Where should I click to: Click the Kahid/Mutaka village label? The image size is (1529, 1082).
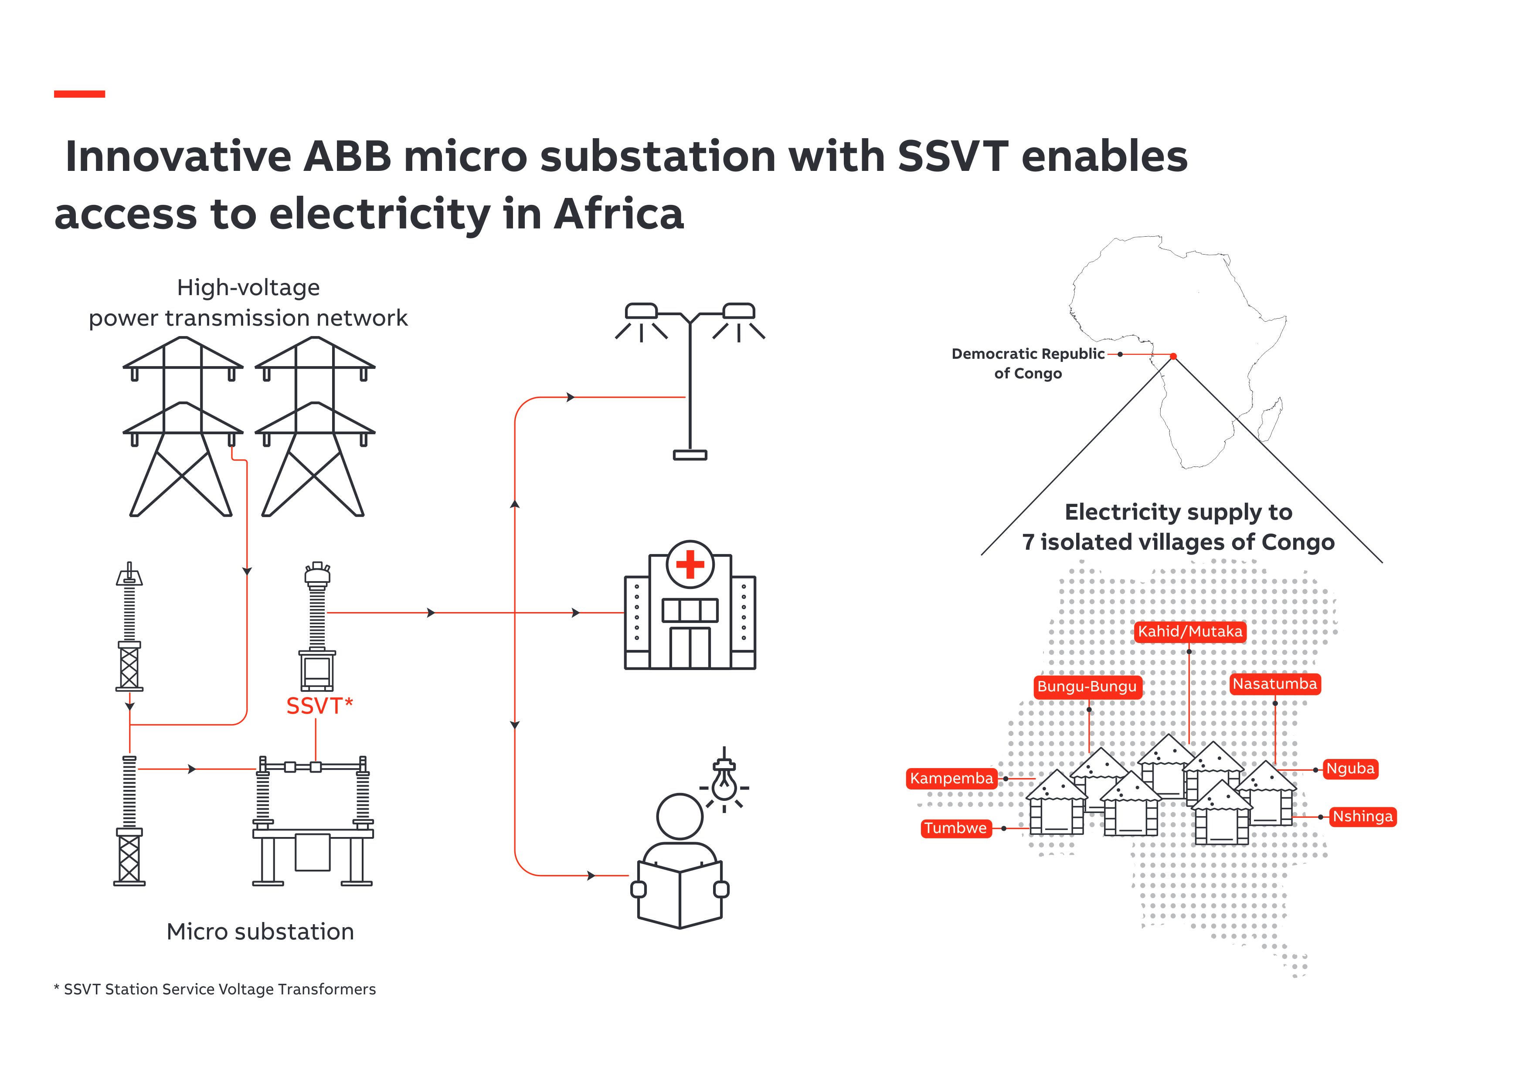click(1189, 632)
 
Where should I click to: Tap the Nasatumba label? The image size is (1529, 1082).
click(1274, 684)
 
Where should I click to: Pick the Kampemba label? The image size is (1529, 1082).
click(951, 778)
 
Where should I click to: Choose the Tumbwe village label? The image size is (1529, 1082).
click(955, 828)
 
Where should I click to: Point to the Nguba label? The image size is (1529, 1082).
click(1350, 769)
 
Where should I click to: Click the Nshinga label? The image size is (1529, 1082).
click(1363, 817)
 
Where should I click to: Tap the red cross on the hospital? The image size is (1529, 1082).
click(690, 564)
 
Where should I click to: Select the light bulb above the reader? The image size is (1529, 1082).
click(724, 782)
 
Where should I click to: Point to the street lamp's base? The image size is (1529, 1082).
click(690, 456)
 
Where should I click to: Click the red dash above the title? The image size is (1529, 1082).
click(79, 94)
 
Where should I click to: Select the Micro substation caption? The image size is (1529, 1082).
click(260, 932)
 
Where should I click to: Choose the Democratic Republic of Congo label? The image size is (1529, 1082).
click(1028, 363)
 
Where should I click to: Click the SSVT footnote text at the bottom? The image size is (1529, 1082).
click(215, 990)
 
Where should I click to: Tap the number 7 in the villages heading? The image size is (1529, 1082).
click(1028, 542)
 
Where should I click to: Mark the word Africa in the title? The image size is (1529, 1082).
click(618, 214)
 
